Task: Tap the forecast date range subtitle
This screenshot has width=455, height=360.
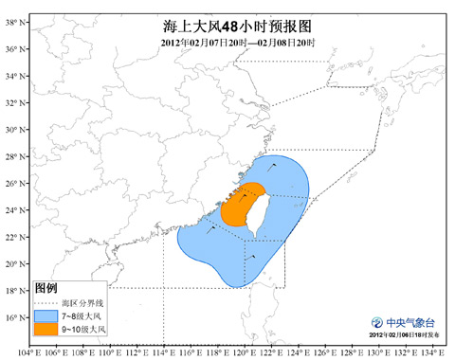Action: click(x=227, y=44)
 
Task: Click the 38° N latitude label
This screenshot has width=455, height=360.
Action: click(x=13, y=21)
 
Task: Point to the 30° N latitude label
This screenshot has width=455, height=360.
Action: click(x=13, y=129)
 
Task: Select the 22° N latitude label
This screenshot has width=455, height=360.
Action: click(x=13, y=237)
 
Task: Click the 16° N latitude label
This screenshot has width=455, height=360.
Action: click(x=13, y=317)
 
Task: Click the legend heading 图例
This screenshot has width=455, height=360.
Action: click(x=46, y=287)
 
